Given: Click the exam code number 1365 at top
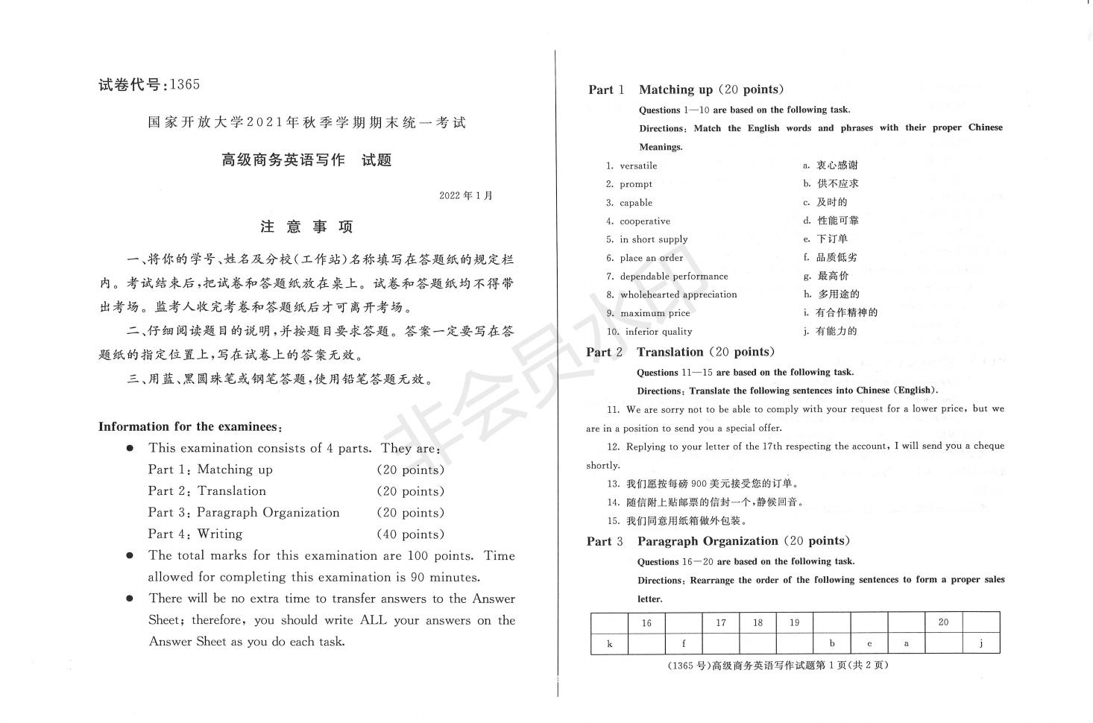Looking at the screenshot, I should [x=185, y=84].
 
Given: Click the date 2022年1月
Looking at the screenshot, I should [x=465, y=196].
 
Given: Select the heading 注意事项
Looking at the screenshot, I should [x=306, y=227].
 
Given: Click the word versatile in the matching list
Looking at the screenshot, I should [x=638, y=165].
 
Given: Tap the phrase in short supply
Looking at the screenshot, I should [x=653, y=239].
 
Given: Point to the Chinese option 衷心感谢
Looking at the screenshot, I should [x=837, y=165].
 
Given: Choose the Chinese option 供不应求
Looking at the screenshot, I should [x=837, y=183].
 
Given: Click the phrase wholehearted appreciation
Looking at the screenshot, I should [x=678, y=294].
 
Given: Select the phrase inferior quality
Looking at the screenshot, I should [x=658, y=332].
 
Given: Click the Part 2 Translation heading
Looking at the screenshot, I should [x=680, y=352].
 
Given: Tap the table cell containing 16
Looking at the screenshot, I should [x=646, y=623].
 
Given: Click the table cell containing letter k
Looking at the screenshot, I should [x=610, y=643].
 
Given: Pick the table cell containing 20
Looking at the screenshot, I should [x=943, y=622].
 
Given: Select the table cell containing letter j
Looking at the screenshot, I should [x=980, y=643].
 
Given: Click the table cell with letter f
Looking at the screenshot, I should [x=684, y=643].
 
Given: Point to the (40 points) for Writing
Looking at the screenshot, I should [x=410, y=534].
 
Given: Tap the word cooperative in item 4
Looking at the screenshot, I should [x=644, y=221].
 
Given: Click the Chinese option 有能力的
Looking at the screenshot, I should [x=836, y=332].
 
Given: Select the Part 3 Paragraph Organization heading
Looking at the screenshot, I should [x=718, y=541].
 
